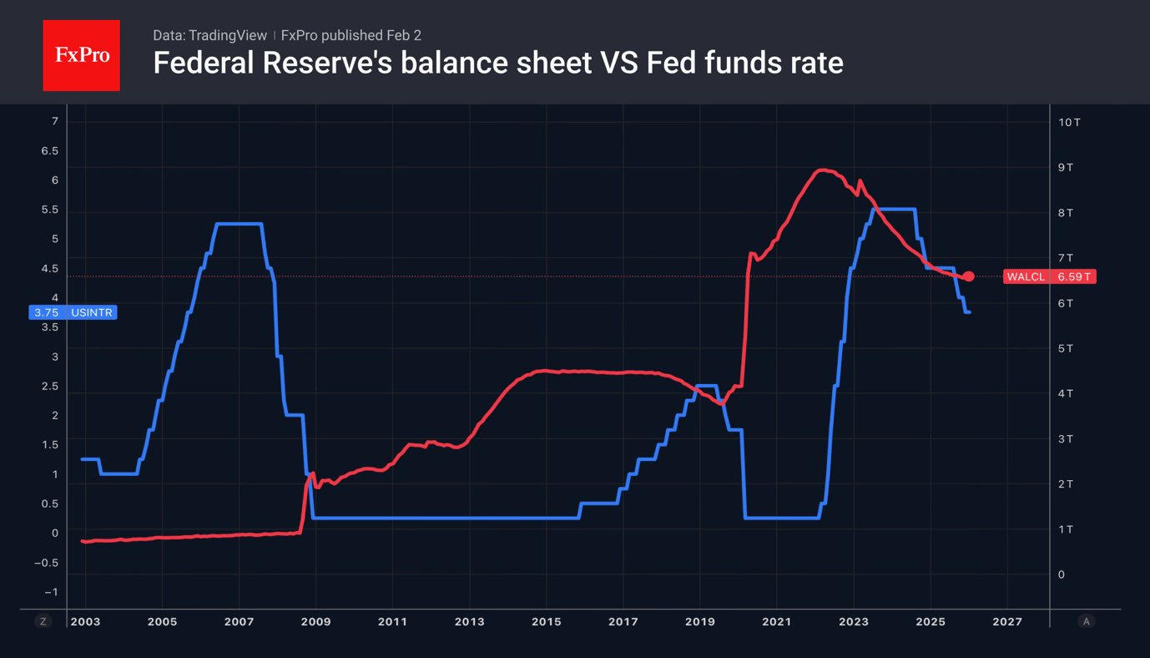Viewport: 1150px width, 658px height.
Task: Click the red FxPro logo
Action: (x=81, y=55)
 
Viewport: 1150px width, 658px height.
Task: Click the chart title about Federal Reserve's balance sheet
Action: (x=497, y=63)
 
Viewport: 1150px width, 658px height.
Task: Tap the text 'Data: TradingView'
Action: (x=209, y=35)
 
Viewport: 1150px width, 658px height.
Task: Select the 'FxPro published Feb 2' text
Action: (x=351, y=35)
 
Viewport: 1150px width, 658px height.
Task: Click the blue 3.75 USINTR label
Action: (x=73, y=312)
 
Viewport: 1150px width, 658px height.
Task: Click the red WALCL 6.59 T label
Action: (x=1049, y=276)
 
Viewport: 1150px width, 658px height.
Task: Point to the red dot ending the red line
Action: (x=968, y=276)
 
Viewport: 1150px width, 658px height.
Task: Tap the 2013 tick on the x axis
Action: (x=469, y=621)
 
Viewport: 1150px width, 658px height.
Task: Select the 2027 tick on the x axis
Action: (x=1006, y=621)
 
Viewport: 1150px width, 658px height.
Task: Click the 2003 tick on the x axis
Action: (x=85, y=621)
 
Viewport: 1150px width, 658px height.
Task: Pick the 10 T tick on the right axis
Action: (x=1069, y=122)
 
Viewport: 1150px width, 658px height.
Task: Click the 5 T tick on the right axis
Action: (x=1066, y=348)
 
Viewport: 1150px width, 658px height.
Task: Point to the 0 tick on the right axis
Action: (x=1062, y=574)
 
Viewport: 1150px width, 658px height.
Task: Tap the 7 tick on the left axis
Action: (x=55, y=121)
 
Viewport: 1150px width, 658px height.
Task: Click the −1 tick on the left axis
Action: (x=52, y=592)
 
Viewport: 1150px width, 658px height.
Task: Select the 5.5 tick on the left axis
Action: (x=50, y=210)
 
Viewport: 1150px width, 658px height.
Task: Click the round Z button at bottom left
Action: (x=43, y=621)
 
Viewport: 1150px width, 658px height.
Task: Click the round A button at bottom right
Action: (x=1086, y=621)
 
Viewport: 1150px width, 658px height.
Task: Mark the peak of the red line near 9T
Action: (x=822, y=170)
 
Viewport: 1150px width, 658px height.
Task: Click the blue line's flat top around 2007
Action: (x=240, y=224)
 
